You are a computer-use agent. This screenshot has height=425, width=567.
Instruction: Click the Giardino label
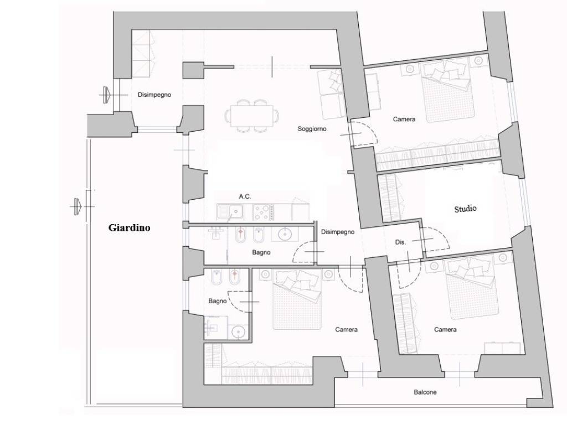(x=129, y=227)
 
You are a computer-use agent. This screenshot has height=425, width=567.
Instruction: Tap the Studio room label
(x=465, y=209)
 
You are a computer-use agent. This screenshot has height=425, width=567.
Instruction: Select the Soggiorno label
(x=312, y=128)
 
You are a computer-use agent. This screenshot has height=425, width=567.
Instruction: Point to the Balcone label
(x=425, y=392)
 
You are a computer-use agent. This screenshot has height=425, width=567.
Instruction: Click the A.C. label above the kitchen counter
(x=245, y=196)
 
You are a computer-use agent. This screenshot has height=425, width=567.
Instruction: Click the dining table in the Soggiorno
(x=252, y=116)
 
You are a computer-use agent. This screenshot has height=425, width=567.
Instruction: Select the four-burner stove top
(x=264, y=212)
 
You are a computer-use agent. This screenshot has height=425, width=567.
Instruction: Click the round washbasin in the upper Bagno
(x=285, y=234)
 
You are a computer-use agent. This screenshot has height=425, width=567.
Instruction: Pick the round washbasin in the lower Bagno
(x=238, y=331)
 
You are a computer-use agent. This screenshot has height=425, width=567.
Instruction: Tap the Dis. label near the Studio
(x=400, y=242)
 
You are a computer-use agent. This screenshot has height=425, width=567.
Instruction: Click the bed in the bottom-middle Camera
(x=297, y=299)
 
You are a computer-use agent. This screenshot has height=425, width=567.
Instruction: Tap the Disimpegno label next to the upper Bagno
(x=338, y=232)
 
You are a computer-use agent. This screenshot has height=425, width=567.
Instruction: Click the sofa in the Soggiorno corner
(x=332, y=94)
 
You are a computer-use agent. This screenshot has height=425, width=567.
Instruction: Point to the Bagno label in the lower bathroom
(x=217, y=301)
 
